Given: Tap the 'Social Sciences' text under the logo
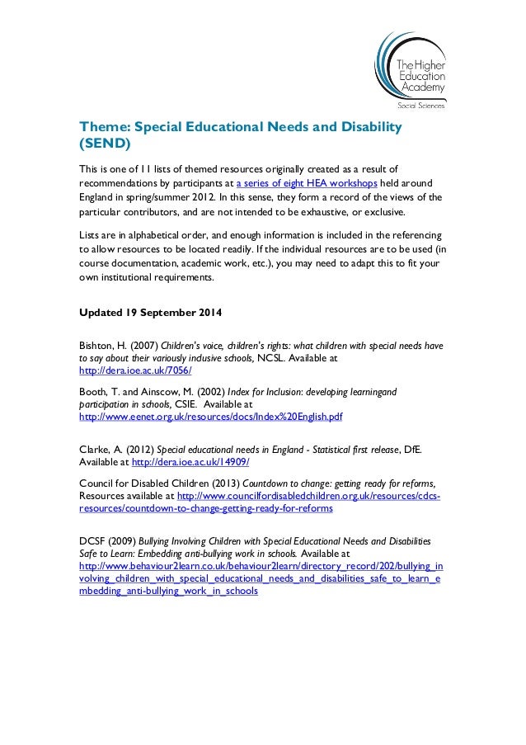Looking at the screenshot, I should point(420,106).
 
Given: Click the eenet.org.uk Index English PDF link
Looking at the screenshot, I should point(209,417).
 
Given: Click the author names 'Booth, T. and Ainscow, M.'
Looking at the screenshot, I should point(136,393).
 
